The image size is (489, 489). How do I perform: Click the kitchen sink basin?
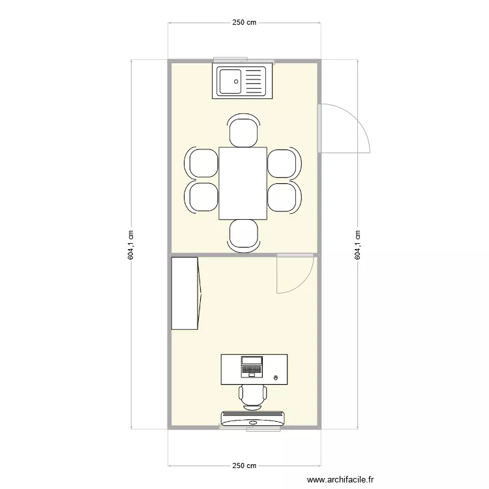[230, 81]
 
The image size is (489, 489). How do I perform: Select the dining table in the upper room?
[243, 183]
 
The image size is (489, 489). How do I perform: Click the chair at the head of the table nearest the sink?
[243, 131]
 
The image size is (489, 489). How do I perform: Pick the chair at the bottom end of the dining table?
[243, 235]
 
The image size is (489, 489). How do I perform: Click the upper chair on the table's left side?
[203, 163]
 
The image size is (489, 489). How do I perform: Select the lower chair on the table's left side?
[203, 197]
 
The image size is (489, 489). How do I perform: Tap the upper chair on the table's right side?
[284, 163]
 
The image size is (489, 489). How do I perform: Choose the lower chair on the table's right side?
[284, 197]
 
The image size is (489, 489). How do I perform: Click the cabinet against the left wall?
[185, 293]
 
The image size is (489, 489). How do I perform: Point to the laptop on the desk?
[252, 366]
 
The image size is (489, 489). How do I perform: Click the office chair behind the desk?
[252, 394]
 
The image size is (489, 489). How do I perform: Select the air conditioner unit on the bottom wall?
[253, 418]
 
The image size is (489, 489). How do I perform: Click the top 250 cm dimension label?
[244, 22]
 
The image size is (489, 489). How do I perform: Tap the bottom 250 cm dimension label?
[244, 466]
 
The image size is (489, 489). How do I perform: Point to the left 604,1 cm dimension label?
[131, 245]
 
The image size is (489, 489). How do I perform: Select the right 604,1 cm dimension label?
[357, 245]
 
